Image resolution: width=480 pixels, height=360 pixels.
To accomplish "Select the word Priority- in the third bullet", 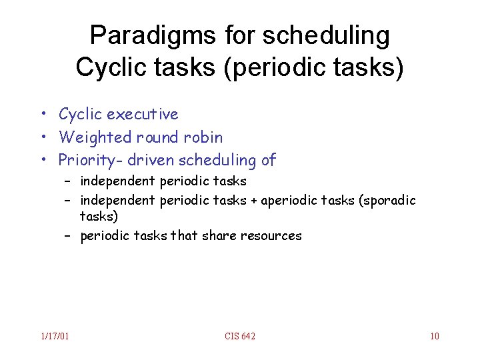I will tap(86, 160).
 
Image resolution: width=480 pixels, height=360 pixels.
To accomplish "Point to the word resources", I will tap(274, 236).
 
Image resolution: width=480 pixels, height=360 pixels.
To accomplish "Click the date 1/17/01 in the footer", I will tap(54, 336).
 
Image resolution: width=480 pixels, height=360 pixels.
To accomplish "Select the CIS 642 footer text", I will tap(240, 336).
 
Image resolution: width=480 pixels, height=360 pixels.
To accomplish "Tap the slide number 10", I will tap(434, 336).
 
